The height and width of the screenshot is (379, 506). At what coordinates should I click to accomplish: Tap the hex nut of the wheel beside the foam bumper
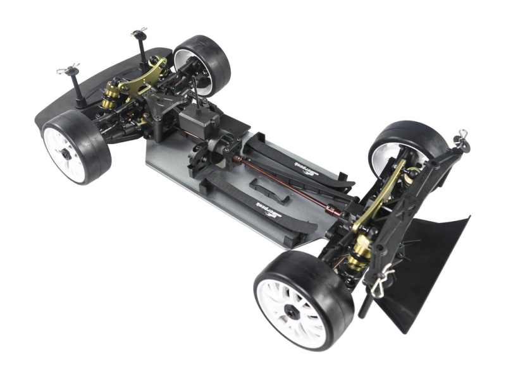point(65,153)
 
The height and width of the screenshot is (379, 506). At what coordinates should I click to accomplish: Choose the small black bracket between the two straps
point(269,188)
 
